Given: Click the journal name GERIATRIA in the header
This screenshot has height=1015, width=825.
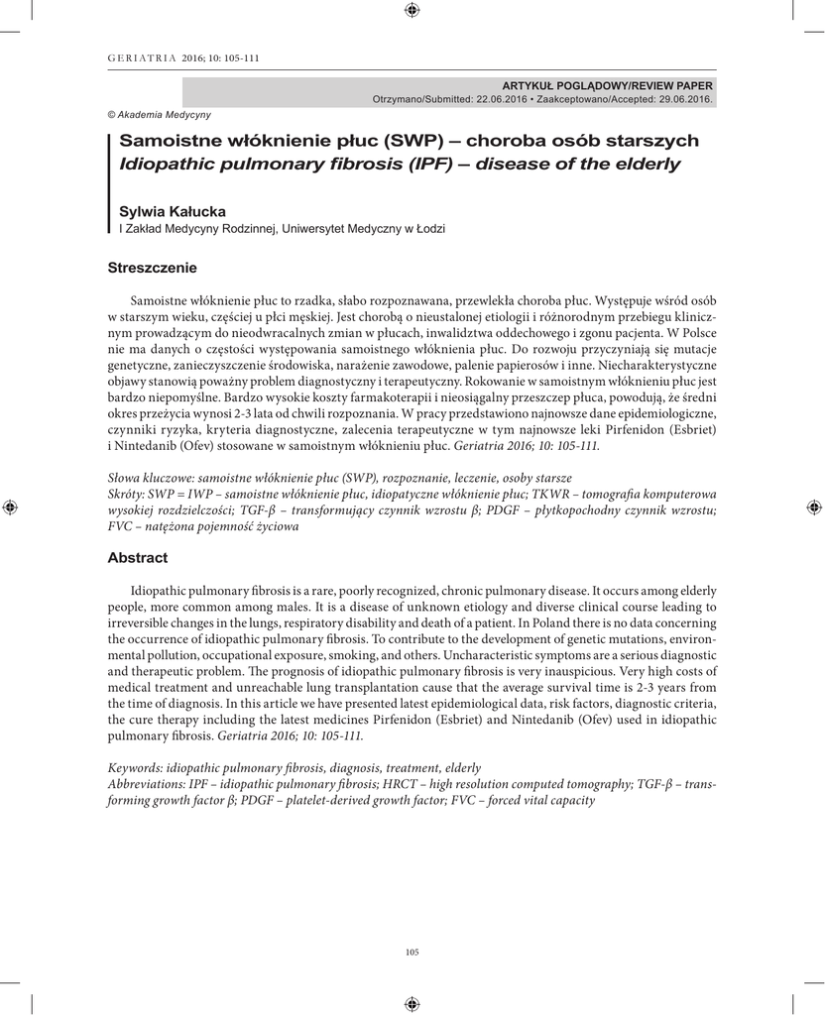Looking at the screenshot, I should coord(142,58).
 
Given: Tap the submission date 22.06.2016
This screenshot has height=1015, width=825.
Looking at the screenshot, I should coord(503,100).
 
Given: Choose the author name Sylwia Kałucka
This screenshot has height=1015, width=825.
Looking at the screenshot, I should coord(173,211).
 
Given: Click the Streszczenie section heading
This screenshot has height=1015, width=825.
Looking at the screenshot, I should coord(152,268).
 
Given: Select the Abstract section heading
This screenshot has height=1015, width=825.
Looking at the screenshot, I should coord(137,558).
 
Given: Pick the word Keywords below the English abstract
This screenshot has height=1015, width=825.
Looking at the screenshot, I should coord(134,768).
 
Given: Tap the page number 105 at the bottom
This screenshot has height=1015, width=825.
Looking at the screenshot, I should coord(412,953).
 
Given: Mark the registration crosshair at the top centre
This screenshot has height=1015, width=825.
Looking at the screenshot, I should coord(412,10).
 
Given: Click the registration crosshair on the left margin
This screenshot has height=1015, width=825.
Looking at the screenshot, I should coord(11,507).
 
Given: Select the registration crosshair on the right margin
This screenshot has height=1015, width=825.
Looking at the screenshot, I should coord(814,507).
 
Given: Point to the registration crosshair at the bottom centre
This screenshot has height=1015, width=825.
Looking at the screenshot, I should coord(412,1003).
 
